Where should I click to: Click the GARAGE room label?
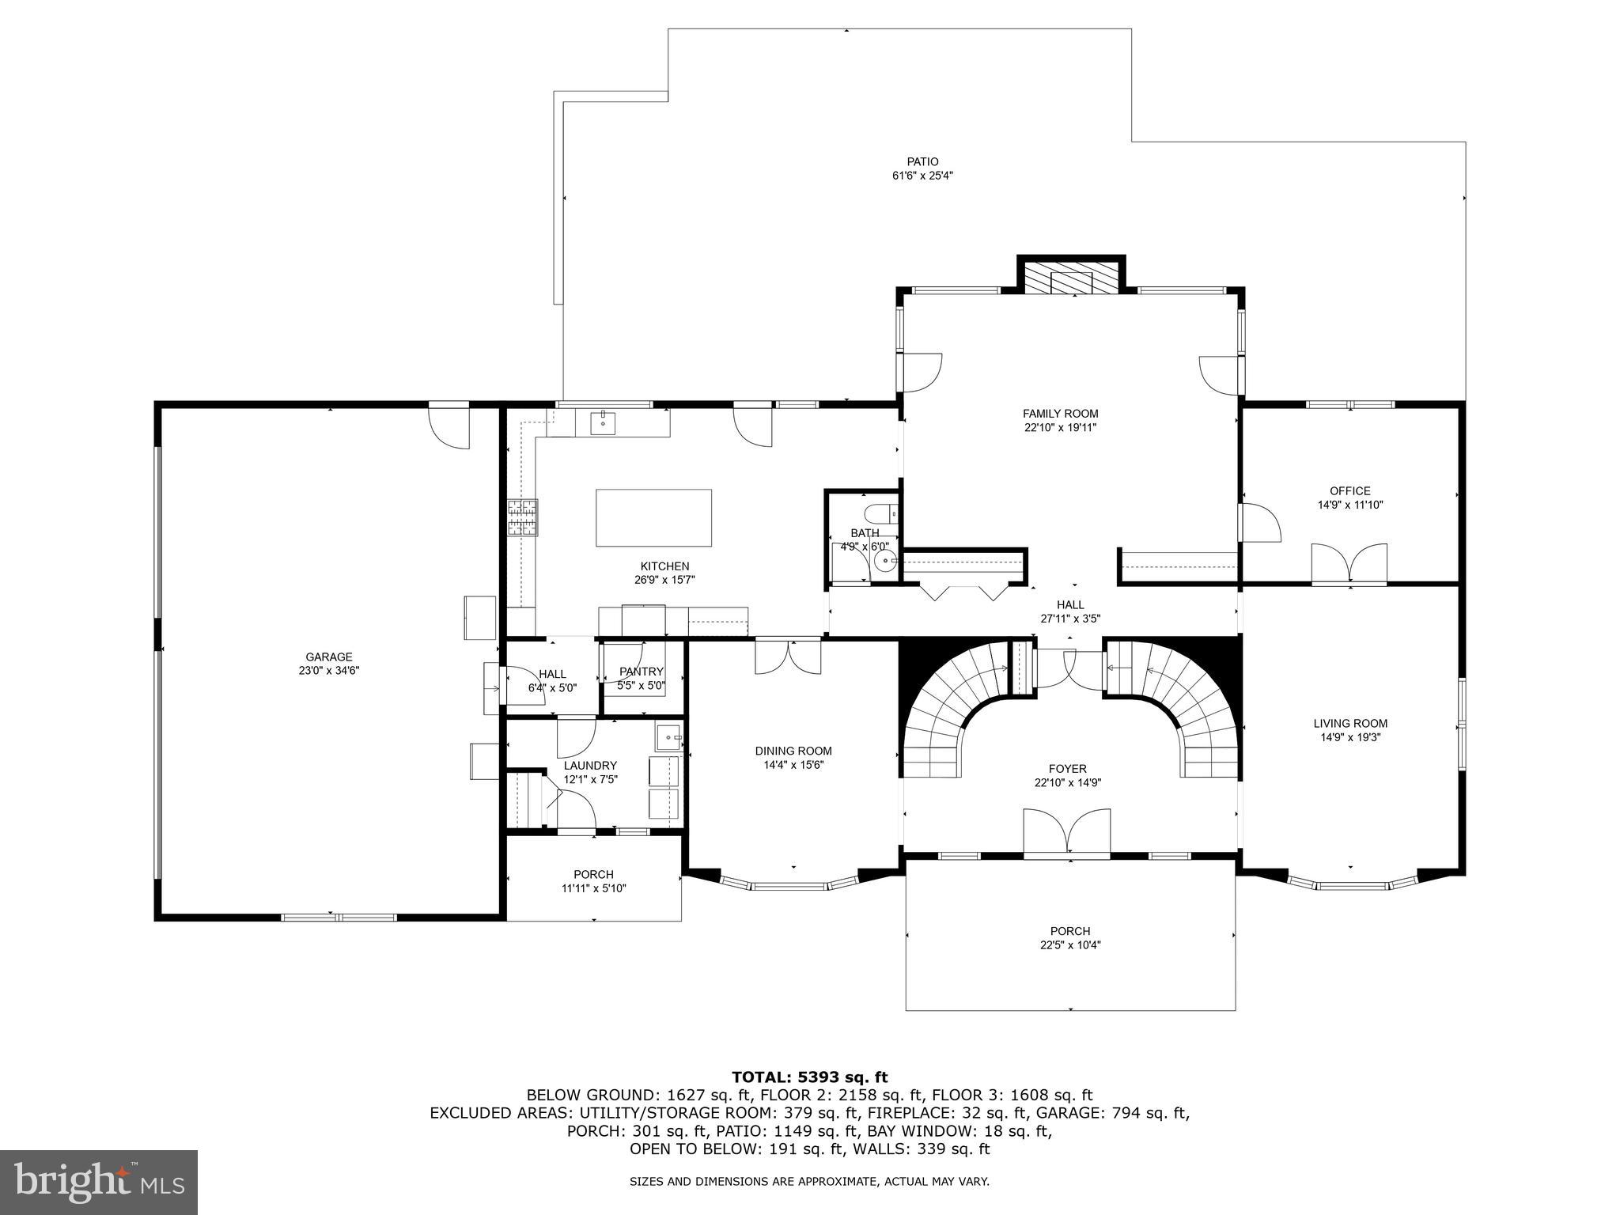[329, 657]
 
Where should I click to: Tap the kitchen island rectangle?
[653, 517]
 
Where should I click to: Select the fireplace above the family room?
[1071, 276]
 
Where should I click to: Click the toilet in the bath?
[880, 513]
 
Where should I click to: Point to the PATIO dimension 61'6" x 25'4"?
[922, 176]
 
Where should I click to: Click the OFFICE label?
[1349, 491]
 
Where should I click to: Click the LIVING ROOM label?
[1349, 723]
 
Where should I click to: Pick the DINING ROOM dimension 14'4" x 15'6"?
[793, 765]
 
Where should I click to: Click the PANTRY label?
[642, 672]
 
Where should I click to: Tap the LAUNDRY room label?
[590, 765]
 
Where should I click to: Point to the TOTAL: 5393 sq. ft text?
[809, 1077]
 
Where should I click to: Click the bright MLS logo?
[98, 1182]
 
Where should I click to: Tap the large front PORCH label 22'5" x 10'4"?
[1070, 931]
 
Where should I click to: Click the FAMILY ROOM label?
[1060, 414]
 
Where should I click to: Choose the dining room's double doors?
[788, 657]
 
